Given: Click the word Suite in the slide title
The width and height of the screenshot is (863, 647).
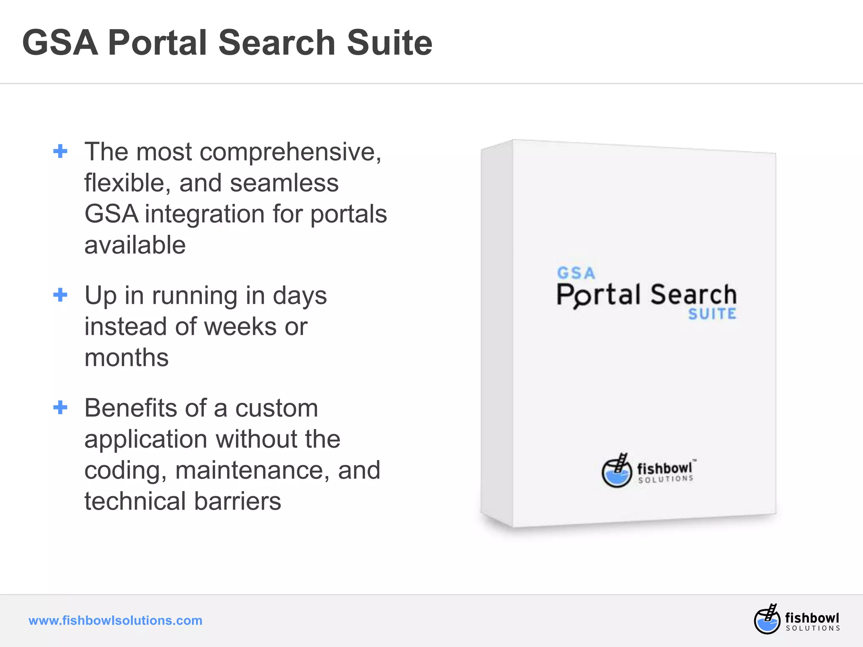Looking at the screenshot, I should [x=389, y=43].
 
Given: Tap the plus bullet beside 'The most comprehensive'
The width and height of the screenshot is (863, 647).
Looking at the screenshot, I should [x=60, y=151].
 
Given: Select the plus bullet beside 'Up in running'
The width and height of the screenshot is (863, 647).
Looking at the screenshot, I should [x=60, y=295].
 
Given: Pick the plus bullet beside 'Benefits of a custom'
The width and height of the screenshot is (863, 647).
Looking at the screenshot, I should [x=60, y=407].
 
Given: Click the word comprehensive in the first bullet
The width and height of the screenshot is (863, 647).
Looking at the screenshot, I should [x=290, y=152].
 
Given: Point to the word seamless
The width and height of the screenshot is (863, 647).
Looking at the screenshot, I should [x=284, y=183].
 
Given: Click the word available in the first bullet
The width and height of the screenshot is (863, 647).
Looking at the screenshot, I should [x=135, y=245].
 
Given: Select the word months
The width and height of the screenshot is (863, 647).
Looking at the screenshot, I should [x=126, y=358].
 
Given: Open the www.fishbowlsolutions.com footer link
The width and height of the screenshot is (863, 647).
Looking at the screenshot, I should [x=115, y=620].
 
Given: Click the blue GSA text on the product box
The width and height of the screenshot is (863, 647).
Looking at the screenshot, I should [x=576, y=273].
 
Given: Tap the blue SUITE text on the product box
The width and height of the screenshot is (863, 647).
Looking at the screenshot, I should [x=712, y=314].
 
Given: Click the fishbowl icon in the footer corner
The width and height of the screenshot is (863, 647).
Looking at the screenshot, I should [x=767, y=619].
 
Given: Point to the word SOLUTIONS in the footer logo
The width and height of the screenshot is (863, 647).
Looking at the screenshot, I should [x=813, y=628].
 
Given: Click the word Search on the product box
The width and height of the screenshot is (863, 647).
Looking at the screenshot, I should [x=693, y=294].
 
